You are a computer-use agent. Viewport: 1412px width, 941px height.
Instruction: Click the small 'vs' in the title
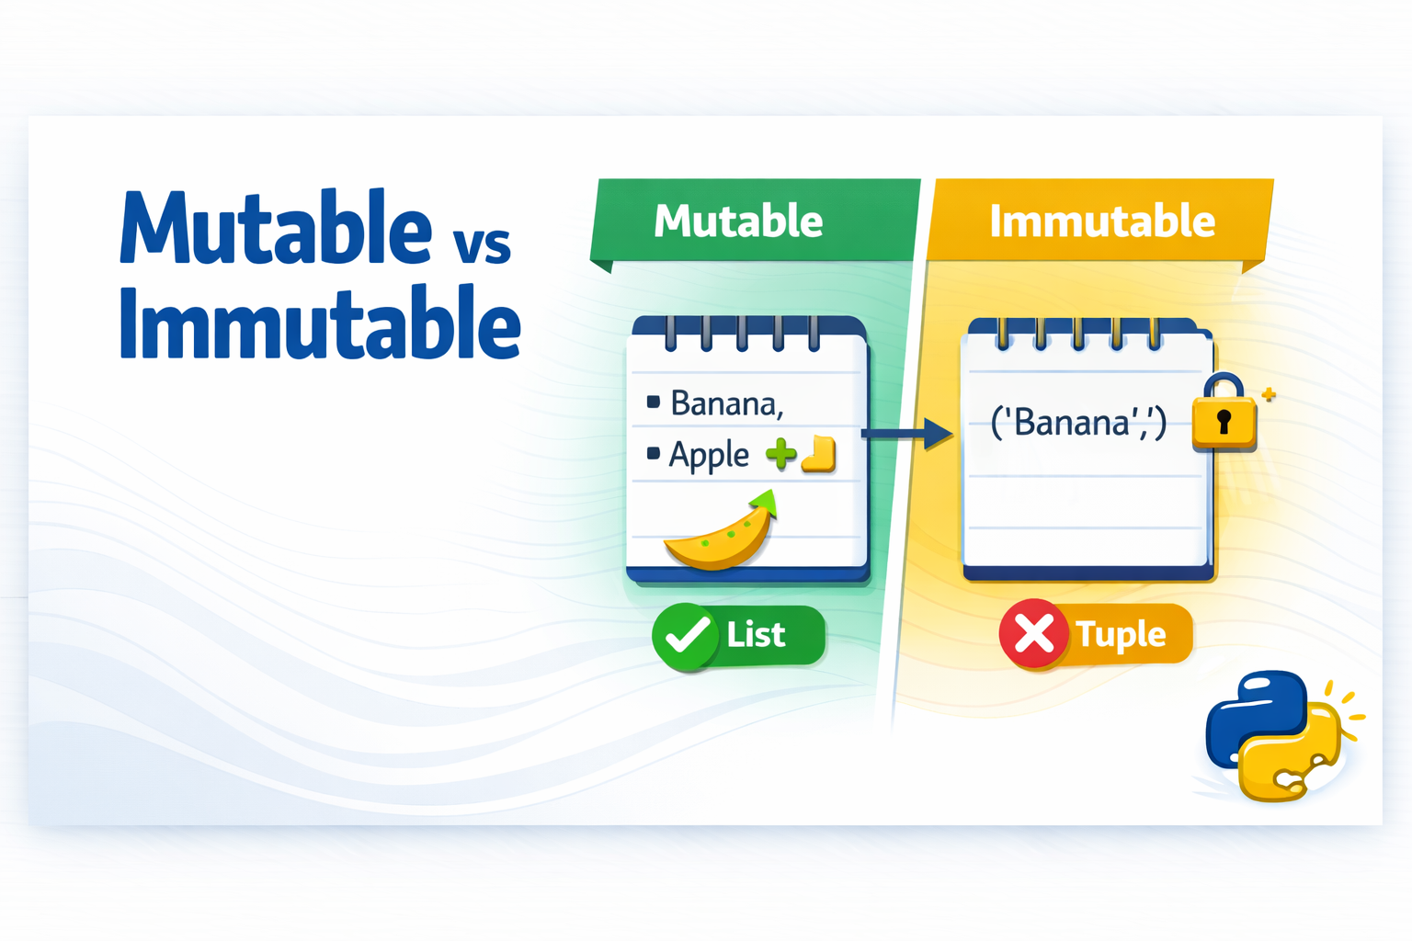(482, 244)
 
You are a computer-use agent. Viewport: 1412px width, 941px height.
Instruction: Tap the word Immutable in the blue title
(319, 323)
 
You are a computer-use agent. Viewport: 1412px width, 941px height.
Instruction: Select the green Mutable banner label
(738, 221)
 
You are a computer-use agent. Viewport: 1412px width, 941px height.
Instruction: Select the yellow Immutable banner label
(1101, 221)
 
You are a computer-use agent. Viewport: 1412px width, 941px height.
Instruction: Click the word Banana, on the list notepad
(726, 403)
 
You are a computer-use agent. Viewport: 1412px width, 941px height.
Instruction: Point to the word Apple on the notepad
(709, 455)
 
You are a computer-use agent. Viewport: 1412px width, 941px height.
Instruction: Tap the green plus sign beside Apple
(780, 453)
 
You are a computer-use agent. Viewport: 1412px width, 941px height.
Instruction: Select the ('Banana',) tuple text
(1077, 423)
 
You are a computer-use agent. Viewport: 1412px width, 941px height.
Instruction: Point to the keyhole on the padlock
(1224, 423)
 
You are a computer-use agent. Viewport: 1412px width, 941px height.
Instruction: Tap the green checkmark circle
(685, 635)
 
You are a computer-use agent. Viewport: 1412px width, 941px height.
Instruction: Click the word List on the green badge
(756, 635)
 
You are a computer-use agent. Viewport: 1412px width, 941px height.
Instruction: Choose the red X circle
(1033, 634)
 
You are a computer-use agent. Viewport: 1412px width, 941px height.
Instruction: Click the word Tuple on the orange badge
(1120, 635)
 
